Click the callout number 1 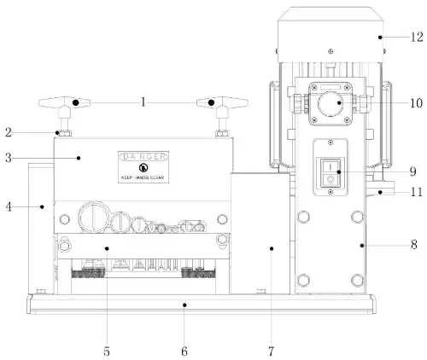[143, 102]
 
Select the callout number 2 [8, 132]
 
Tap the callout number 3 [8, 158]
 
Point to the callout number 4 [8, 206]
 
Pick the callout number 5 [107, 351]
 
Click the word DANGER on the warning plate [143, 158]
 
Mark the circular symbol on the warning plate [143, 169]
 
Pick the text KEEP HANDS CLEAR [143, 179]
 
